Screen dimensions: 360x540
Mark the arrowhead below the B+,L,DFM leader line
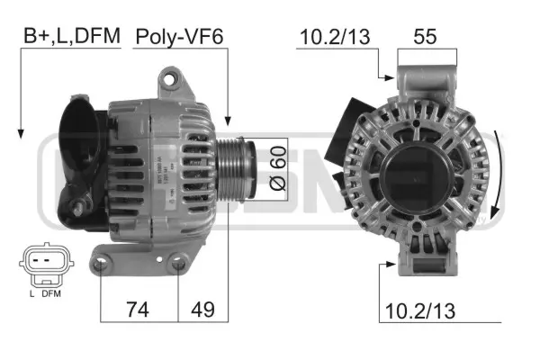[20, 135]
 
